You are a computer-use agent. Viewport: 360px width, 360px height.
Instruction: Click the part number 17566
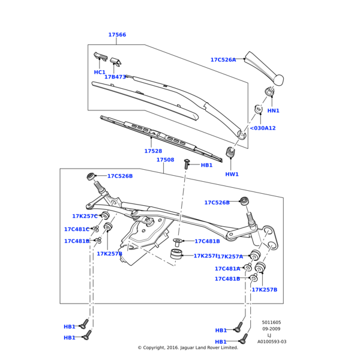117,35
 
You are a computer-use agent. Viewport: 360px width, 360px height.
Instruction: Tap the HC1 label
100,72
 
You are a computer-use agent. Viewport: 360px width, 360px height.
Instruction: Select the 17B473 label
115,77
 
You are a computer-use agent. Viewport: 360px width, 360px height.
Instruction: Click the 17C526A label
223,60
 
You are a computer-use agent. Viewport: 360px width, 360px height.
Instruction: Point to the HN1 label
273,110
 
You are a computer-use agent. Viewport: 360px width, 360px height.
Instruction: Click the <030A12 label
262,128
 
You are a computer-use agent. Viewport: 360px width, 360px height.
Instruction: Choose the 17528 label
153,151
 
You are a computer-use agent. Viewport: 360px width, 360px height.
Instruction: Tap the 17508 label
165,160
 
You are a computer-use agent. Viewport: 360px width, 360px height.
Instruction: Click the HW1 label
232,174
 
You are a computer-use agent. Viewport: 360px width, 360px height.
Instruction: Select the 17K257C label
85,216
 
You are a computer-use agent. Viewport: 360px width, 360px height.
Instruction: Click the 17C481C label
77,229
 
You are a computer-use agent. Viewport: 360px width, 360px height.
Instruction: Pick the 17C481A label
227,269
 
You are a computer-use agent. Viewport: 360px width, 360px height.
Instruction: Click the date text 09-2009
271,329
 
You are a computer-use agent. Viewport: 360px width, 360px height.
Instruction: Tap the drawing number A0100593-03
272,341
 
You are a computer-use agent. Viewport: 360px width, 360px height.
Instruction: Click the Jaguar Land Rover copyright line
188,347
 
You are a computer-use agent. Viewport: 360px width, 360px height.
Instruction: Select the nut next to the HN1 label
258,109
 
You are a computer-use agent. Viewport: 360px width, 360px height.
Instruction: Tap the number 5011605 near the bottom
271,322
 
